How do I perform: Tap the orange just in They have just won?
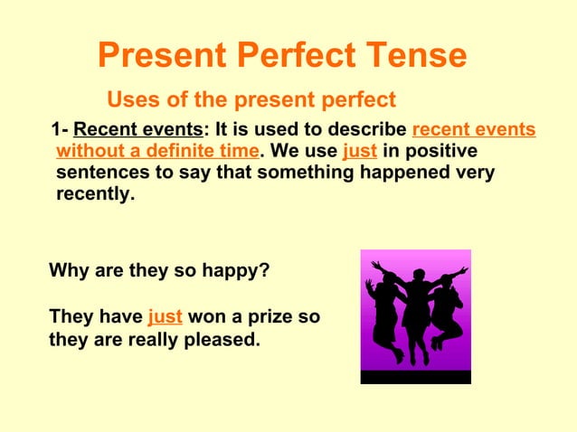[x=165, y=317]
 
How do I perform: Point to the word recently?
[x=95, y=193]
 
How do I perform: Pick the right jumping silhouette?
[x=447, y=307]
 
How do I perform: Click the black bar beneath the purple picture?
[x=415, y=377]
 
